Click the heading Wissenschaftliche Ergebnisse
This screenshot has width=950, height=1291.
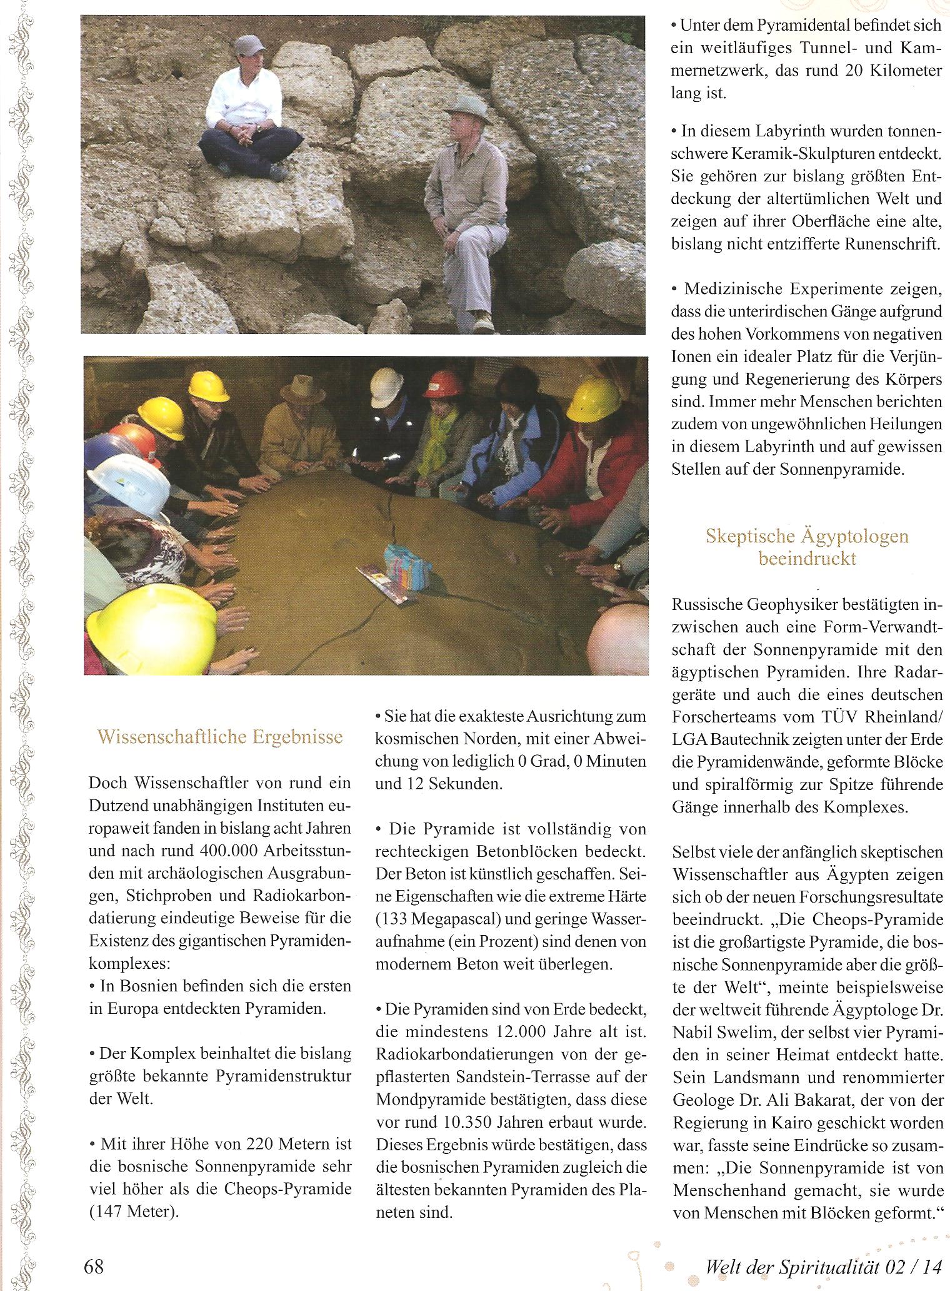220,736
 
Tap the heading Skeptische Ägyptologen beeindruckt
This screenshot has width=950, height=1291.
807,547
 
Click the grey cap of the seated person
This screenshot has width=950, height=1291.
248,46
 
